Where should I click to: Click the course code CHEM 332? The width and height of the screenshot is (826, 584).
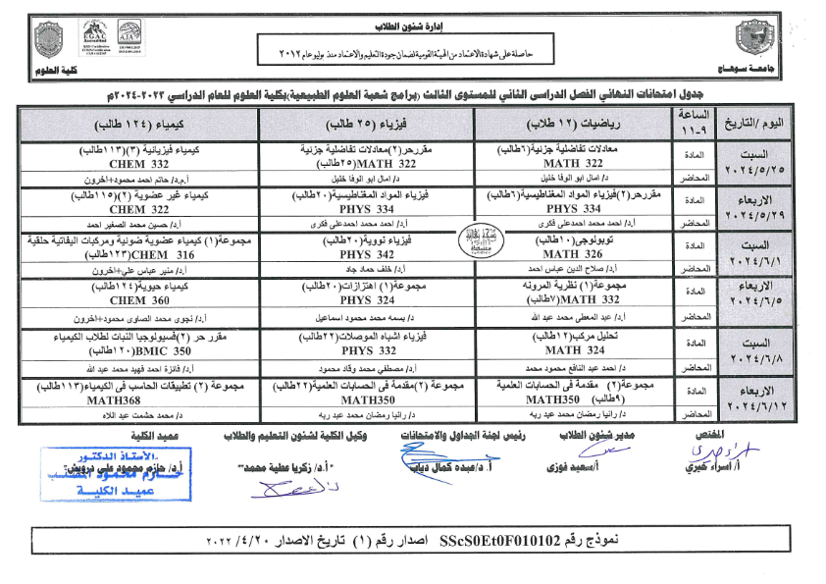pos(139,164)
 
